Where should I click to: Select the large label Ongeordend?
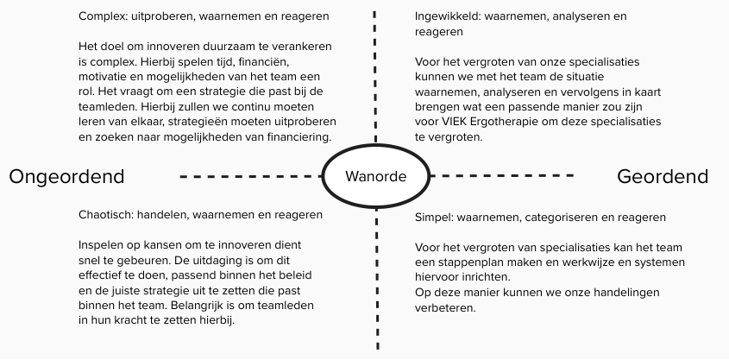click(x=66, y=177)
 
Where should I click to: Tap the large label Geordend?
click(x=663, y=177)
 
